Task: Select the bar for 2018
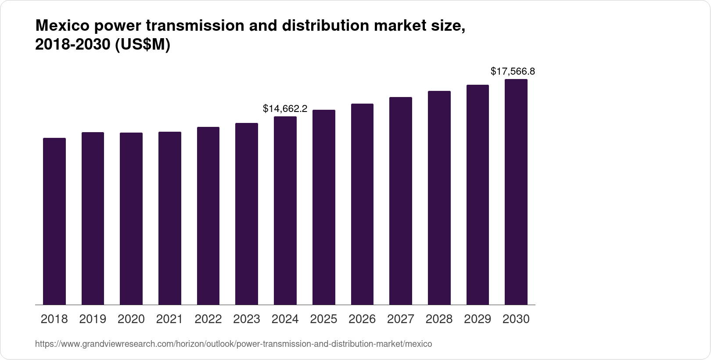(54, 221)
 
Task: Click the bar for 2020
(131, 219)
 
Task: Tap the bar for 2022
(208, 216)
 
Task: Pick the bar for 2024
(285, 211)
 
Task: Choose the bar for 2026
(362, 204)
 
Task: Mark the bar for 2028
(439, 198)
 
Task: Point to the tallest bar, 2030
(516, 192)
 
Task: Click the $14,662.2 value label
(285, 108)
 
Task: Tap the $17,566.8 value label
(513, 71)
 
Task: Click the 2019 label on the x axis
(93, 319)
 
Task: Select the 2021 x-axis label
(169, 319)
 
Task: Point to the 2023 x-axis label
(247, 319)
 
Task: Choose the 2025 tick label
(323, 319)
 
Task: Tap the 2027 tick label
(401, 319)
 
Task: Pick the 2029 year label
(478, 319)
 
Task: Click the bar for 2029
(478, 195)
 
